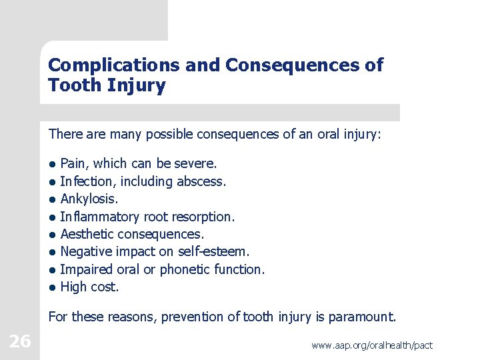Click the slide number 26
20,341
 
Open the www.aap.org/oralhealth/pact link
371,345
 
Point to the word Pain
74,163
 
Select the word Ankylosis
89,199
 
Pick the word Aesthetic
87,234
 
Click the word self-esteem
217,251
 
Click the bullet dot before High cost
52,287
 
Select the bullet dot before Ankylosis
52,199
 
